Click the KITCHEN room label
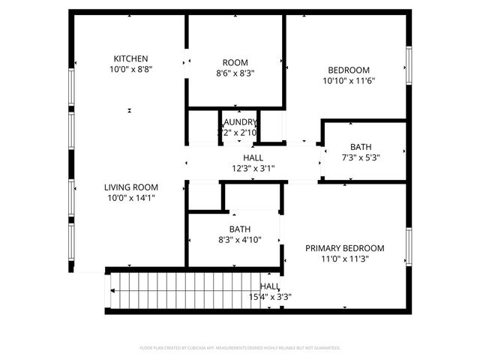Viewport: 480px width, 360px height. (130, 58)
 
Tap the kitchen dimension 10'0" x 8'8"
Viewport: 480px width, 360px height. (130, 69)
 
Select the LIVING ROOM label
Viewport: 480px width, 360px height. (130, 187)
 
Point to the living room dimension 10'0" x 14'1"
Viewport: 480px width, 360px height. (130, 198)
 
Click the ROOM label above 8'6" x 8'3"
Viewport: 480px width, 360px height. (235, 62)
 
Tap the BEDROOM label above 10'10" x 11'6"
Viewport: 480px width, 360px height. (349, 70)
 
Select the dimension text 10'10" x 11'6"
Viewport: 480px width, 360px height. (349, 80)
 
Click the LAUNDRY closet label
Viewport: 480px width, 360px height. (238, 122)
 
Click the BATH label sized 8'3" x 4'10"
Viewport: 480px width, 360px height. (240, 229)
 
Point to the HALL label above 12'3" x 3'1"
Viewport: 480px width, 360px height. (253, 157)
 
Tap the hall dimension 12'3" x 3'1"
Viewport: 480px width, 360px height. (253, 168)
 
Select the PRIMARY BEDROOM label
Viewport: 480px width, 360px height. (344, 248)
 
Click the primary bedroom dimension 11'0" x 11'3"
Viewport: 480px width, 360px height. (344, 259)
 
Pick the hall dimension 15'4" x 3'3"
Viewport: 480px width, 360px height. (270, 297)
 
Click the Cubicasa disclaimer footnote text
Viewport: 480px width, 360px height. (240, 348)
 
